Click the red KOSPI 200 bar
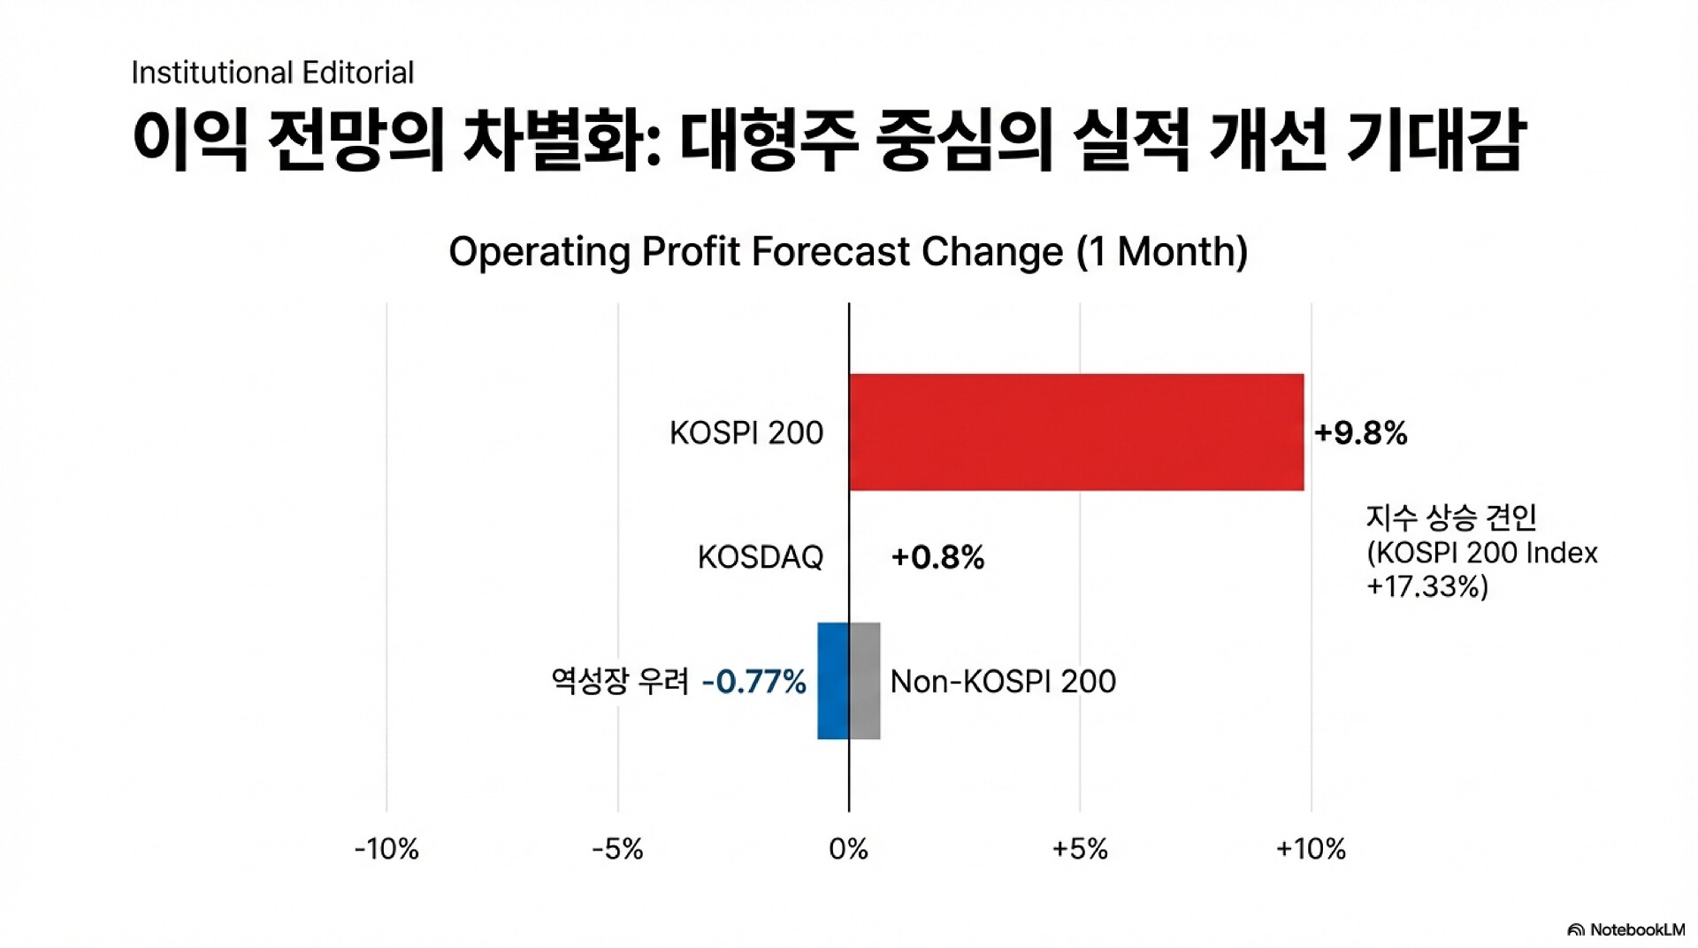point(1075,432)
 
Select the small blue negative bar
point(832,681)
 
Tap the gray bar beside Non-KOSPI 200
point(865,681)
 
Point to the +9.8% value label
point(1360,433)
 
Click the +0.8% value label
point(937,557)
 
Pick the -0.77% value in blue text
point(753,682)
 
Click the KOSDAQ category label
point(760,557)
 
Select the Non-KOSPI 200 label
point(1003,682)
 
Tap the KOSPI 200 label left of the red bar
point(746,433)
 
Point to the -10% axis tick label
point(386,849)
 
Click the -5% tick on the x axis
point(617,849)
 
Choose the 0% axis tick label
point(848,849)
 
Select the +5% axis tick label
point(1080,849)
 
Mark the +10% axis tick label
point(1311,849)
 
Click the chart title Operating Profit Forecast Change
point(848,252)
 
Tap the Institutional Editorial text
point(272,73)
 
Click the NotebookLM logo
point(1625,929)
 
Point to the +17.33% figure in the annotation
point(1427,587)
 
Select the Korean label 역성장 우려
point(619,682)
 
